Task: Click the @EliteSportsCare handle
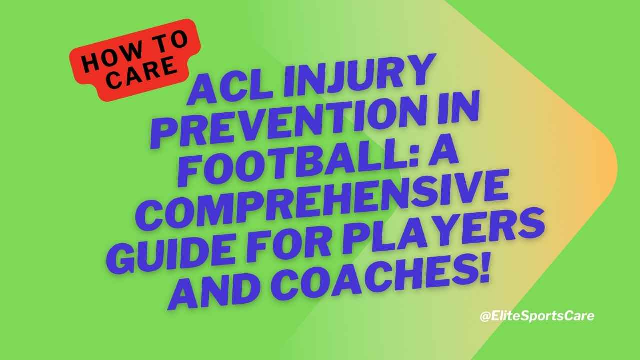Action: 536,316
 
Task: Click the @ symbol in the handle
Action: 484,317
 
